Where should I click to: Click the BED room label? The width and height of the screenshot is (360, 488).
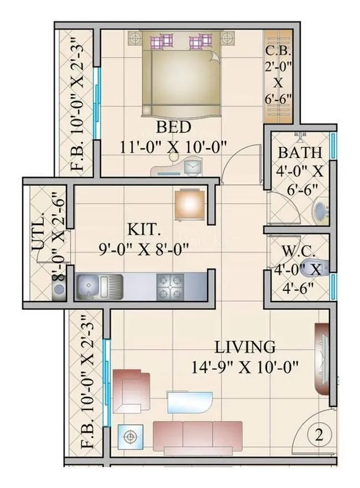point(173,127)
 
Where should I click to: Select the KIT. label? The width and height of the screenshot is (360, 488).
point(143,229)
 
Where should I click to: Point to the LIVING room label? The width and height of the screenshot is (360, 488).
point(245,347)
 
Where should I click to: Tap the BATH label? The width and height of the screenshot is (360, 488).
point(299,152)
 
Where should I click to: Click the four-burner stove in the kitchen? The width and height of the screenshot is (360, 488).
point(169,286)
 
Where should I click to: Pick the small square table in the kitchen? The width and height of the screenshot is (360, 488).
point(188,205)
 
